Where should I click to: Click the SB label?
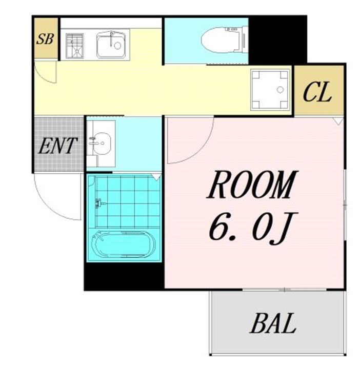(x=45, y=39)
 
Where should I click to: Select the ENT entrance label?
(x=57, y=146)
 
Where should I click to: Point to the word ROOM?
(x=252, y=184)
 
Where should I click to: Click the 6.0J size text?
(x=253, y=228)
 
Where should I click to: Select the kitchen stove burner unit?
(x=75, y=46)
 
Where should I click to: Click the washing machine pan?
(x=270, y=90)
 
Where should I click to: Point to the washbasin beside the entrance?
(x=102, y=143)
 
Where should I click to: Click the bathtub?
(x=124, y=245)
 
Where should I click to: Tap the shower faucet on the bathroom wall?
(x=99, y=203)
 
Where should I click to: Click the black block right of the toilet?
(x=278, y=40)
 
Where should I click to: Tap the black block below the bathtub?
(x=124, y=276)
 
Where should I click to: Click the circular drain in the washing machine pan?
(x=280, y=89)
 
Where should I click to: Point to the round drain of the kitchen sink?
(x=117, y=46)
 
